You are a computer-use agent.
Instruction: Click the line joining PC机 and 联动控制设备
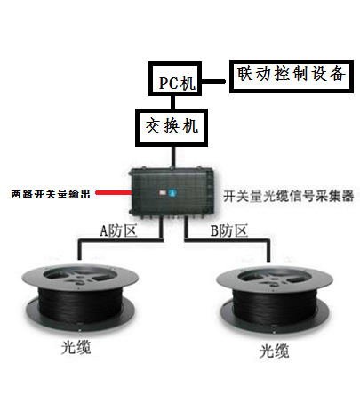click(x=214, y=81)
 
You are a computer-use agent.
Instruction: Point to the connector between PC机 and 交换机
click(x=172, y=102)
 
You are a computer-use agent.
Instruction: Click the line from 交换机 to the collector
click(x=173, y=158)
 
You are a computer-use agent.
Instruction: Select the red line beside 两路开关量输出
click(x=114, y=193)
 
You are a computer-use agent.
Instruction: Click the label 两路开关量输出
click(x=51, y=194)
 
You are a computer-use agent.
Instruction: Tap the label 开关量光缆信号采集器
click(x=288, y=196)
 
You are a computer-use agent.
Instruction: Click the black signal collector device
click(x=172, y=192)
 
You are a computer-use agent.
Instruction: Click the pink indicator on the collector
click(x=163, y=193)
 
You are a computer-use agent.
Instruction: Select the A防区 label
click(x=118, y=230)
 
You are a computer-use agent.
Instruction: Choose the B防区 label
click(x=228, y=230)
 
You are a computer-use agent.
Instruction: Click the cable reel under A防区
click(x=80, y=296)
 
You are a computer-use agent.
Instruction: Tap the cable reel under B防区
click(x=275, y=300)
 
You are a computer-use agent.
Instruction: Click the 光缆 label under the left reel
click(x=76, y=346)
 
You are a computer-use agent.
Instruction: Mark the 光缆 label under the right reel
click(x=274, y=351)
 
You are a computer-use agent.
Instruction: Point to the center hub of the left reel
click(x=80, y=278)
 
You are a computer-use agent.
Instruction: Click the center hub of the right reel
click(x=275, y=280)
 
